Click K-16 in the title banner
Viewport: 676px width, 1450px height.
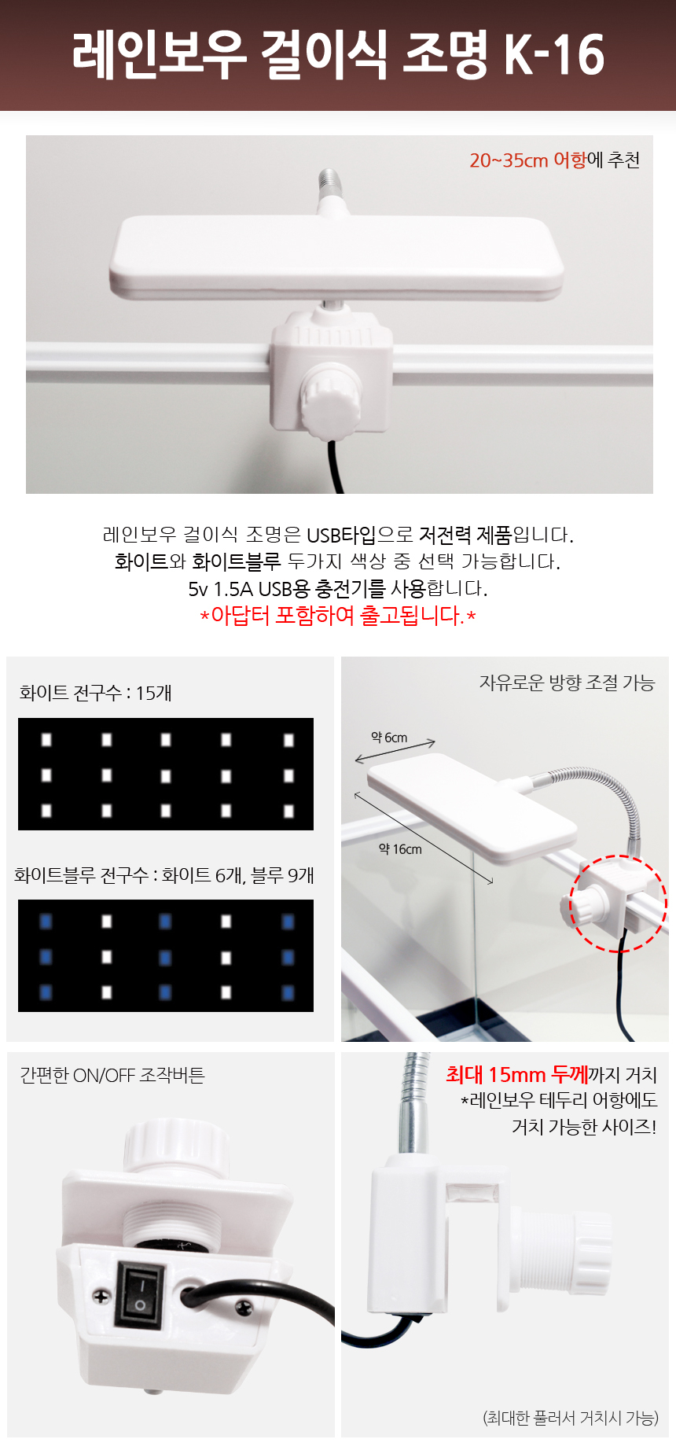coord(553,54)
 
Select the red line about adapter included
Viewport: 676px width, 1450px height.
coord(338,615)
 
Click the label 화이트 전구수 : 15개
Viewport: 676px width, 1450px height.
coord(95,693)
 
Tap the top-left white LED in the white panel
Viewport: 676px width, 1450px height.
coord(46,740)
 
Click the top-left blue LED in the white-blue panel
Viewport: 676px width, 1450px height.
coord(46,922)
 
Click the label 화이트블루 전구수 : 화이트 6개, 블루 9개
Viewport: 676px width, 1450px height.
coord(163,875)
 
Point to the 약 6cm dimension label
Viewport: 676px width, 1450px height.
coord(389,738)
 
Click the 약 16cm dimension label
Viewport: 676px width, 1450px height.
coord(400,849)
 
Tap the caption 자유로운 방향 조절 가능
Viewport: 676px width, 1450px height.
coord(567,683)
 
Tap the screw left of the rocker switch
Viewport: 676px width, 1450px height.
coord(102,1295)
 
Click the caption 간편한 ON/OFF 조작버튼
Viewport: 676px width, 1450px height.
coord(112,1075)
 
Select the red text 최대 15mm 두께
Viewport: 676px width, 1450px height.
coord(516,1074)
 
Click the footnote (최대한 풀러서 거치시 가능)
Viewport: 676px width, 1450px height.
coord(570,1417)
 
